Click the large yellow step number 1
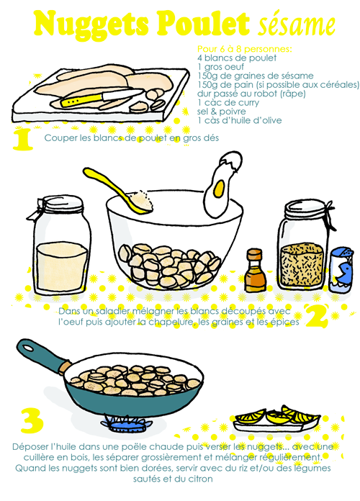[x=23, y=140]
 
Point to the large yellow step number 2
[x=317, y=316]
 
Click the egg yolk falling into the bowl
[x=219, y=188]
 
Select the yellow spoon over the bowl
[x=118, y=191]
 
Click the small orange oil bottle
[x=255, y=271]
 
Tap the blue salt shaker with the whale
[x=341, y=270]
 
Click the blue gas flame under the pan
[x=126, y=424]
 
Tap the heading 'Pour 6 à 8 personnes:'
[x=244, y=49]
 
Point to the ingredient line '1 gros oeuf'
[x=220, y=67]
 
